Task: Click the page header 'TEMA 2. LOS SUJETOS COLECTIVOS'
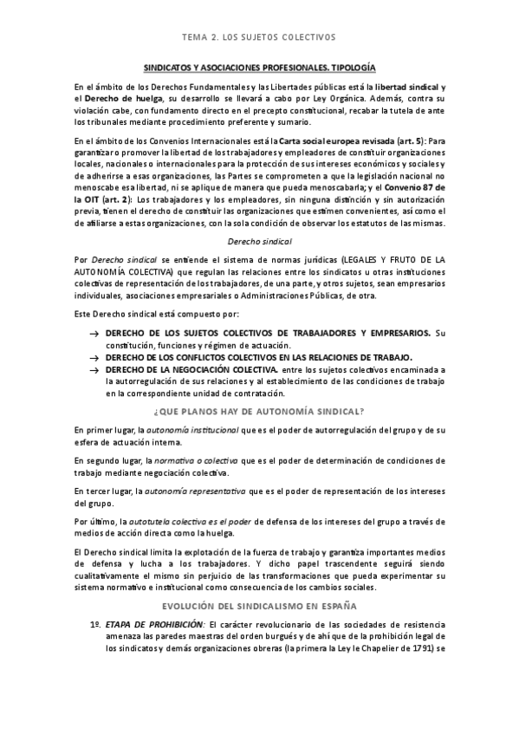coord(259,37)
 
